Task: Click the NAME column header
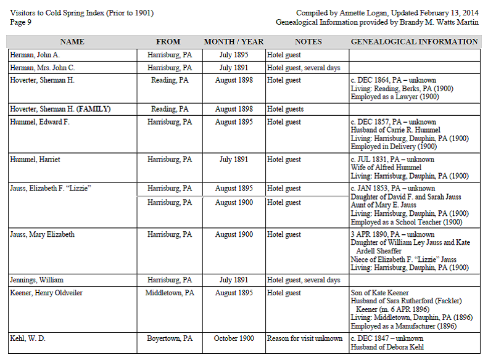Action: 72,42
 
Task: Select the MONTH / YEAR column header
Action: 234,42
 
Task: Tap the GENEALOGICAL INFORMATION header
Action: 414,42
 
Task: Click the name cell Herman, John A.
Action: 35,55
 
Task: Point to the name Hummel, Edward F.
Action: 40,122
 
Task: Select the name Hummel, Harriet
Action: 35,160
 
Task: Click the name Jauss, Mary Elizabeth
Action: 43,235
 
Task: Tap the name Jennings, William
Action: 37,280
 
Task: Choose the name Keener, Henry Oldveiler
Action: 46,293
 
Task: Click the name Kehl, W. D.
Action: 28,338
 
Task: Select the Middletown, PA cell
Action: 170,293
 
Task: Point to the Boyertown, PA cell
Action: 170,338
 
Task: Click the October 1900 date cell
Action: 234,338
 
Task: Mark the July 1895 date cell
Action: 234,55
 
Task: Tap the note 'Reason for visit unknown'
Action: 305,338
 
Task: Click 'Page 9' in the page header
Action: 21,22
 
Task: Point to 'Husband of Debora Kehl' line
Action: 387,346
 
